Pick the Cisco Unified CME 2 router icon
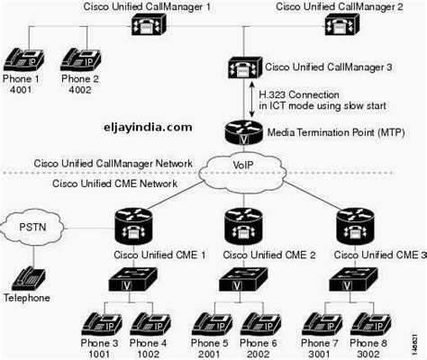[242, 226]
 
